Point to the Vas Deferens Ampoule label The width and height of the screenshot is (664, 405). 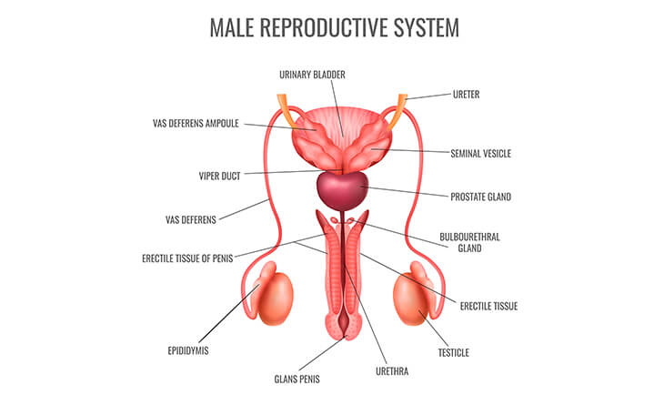click(x=196, y=123)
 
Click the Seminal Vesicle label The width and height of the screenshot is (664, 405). click(x=480, y=154)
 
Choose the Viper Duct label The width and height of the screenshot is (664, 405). click(x=218, y=176)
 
